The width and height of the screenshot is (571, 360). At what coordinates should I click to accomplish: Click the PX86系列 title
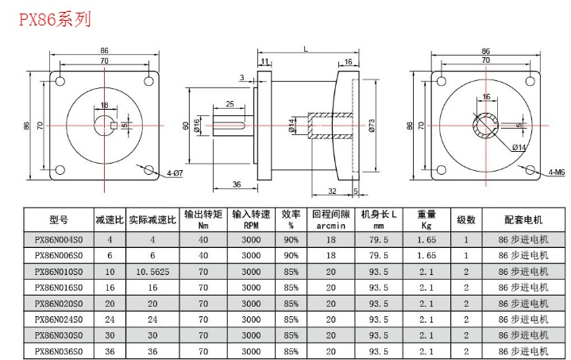(x=55, y=19)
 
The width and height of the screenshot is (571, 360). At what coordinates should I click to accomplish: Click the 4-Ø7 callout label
(x=175, y=173)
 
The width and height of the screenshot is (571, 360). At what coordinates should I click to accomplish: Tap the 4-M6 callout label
(x=557, y=172)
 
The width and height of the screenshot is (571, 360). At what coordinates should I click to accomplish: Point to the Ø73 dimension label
(x=372, y=126)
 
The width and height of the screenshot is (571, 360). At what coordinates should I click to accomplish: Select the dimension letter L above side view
(x=306, y=48)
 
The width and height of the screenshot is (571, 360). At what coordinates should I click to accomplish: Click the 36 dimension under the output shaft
(x=237, y=184)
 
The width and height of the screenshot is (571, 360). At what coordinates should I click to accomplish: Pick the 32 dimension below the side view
(x=332, y=191)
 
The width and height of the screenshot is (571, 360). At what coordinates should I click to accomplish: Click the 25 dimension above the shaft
(x=230, y=104)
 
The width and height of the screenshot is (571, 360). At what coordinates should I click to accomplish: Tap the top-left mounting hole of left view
(x=60, y=80)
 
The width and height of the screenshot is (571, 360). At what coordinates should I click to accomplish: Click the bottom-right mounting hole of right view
(x=530, y=170)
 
